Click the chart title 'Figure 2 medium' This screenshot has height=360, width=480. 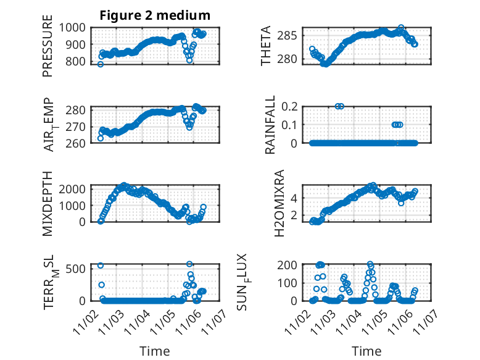(x=155, y=15)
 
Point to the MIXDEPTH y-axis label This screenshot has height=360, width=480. (x=48, y=203)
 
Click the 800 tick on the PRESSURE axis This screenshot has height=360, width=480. (x=80, y=62)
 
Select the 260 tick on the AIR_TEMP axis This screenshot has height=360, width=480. (x=80, y=143)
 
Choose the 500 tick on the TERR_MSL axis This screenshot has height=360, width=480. (x=80, y=269)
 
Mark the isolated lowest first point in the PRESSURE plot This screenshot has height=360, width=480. (x=101, y=64)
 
